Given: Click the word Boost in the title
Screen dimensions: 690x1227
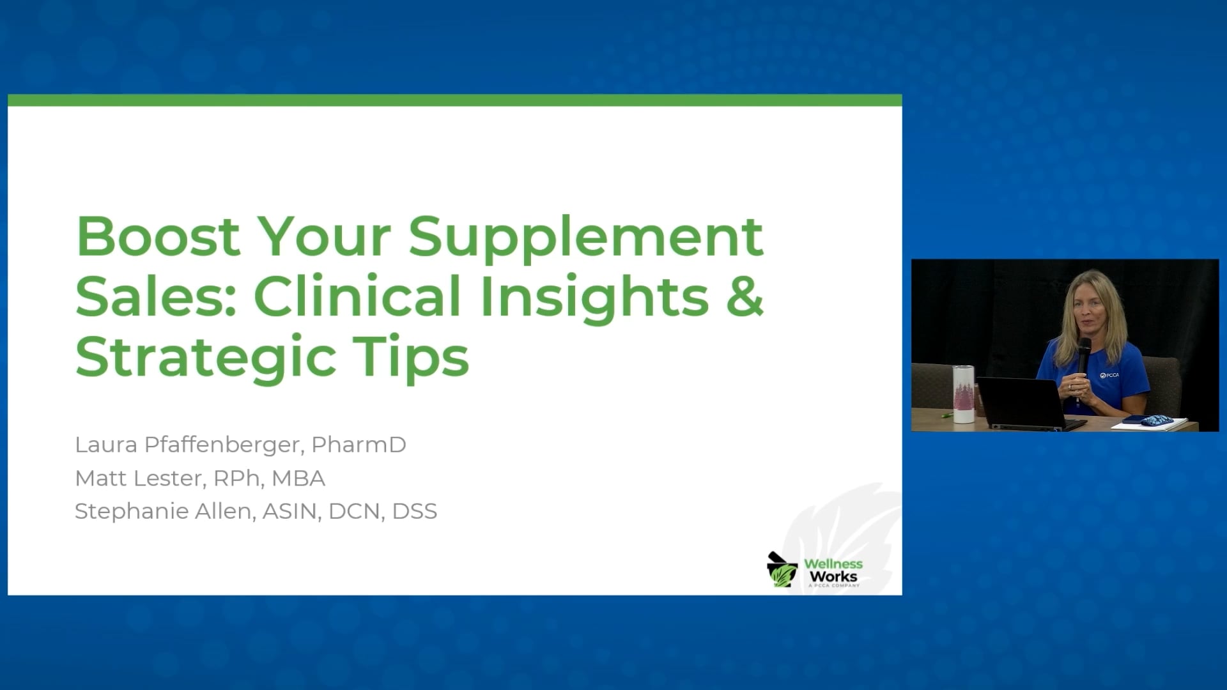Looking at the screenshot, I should [158, 236].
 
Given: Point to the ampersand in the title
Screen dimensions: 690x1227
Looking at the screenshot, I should [745, 296].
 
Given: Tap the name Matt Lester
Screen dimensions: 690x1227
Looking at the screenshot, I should [138, 478].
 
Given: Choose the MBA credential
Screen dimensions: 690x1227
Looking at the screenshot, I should [298, 478].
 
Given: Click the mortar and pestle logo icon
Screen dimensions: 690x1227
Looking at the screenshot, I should [782, 570].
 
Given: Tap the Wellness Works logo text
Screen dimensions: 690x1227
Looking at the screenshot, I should [833, 571].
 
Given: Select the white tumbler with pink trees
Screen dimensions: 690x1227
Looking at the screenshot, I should [962, 394].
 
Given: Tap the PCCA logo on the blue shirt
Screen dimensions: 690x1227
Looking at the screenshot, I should [1109, 375].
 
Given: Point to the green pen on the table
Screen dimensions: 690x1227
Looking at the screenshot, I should [946, 415].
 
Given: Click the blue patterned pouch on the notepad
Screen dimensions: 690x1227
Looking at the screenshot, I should [1155, 420].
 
